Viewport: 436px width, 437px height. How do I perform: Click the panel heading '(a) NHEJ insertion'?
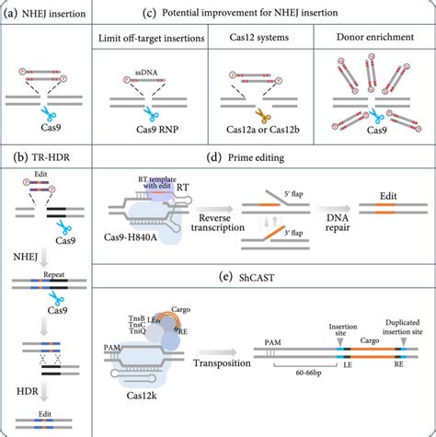46,13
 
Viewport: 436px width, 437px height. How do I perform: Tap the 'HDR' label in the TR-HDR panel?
25,390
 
